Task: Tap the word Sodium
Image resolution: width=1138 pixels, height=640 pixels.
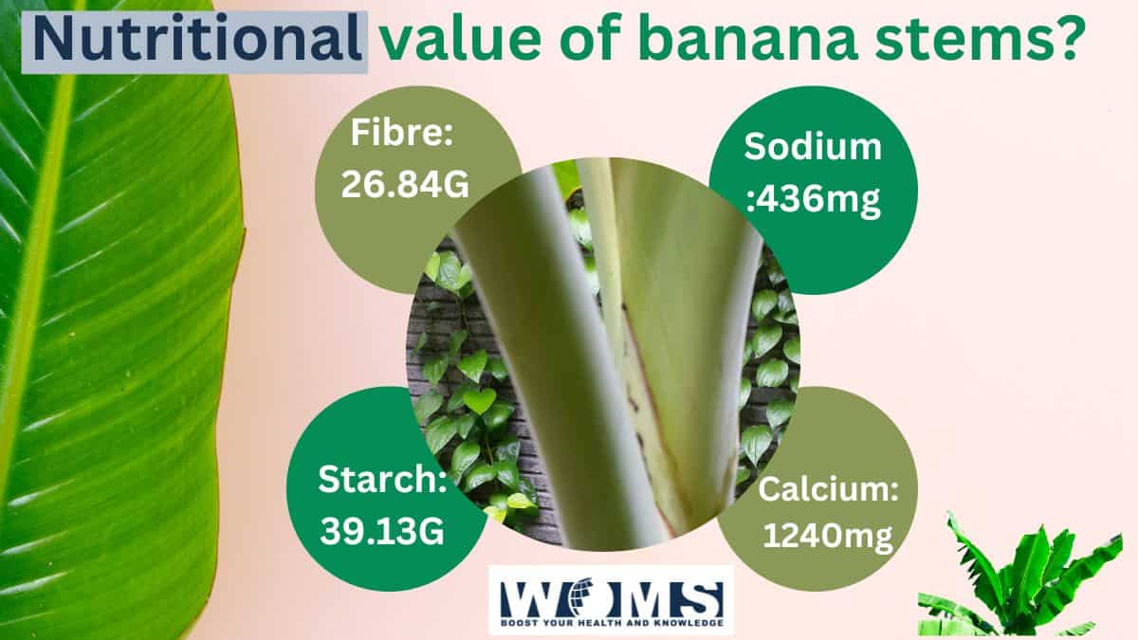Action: coord(814,147)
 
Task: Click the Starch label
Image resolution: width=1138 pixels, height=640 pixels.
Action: coord(382,481)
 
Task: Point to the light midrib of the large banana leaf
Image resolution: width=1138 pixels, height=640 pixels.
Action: coord(38,284)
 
